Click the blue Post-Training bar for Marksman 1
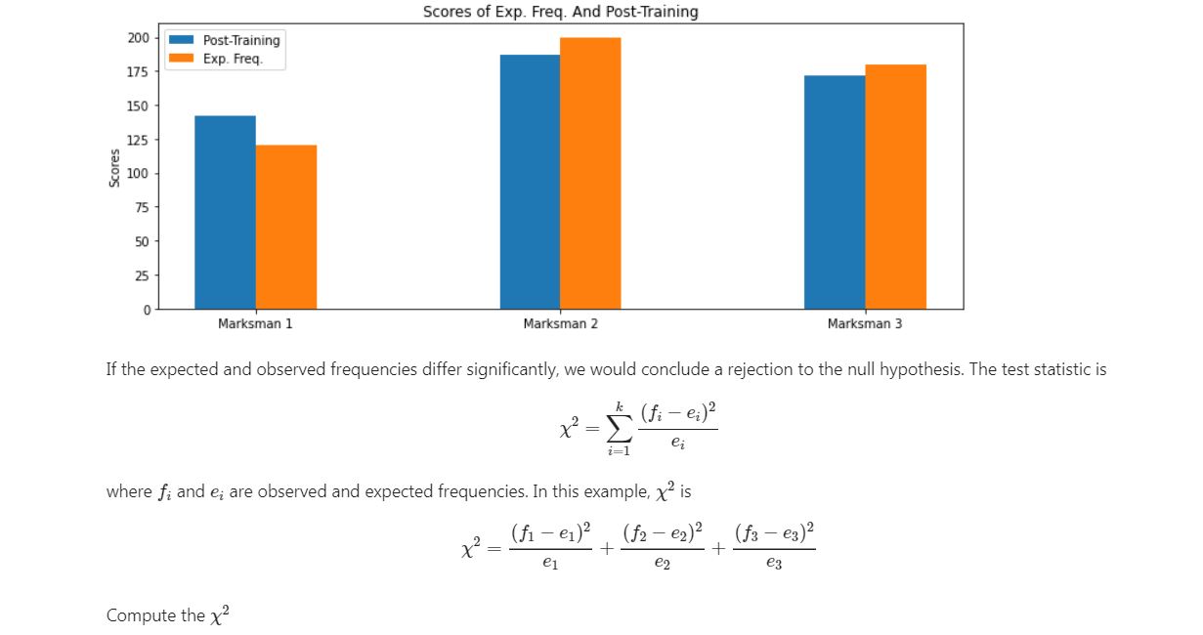tap(225, 213)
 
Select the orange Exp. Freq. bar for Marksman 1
tap(286, 227)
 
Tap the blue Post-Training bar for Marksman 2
tap(530, 182)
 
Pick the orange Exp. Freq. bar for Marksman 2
tap(591, 173)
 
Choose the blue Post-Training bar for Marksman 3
tap(835, 192)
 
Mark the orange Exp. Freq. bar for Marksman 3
tap(896, 187)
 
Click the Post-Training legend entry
tap(225, 40)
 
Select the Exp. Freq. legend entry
tap(216, 59)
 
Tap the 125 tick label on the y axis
tap(139, 140)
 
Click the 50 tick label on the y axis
tap(143, 241)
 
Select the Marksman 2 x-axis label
tap(561, 323)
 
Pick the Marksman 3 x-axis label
tap(865, 323)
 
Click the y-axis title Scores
tap(114, 168)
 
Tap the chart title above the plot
tap(561, 12)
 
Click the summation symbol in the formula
tap(620, 429)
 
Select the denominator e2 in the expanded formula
tap(663, 563)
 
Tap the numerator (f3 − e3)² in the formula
tap(774, 532)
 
